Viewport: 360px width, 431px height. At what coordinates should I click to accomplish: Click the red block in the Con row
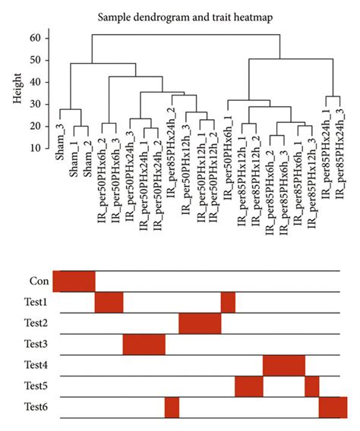click(74, 281)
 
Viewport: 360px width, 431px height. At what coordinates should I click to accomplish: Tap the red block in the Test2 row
click(200, 323)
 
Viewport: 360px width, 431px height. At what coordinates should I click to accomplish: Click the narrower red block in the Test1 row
click(228, 302)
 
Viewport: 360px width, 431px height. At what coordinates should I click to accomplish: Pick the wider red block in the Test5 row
click(248, 386)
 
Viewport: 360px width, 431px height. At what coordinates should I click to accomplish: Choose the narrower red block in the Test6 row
click(172, 407)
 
